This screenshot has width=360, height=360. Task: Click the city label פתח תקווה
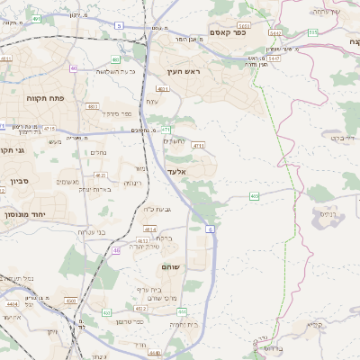41,98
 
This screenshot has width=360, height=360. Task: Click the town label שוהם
171,267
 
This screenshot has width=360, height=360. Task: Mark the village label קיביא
315,326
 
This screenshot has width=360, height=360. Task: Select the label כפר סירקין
117,113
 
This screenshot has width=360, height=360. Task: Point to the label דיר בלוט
343,138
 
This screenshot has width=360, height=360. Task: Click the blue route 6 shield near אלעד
209,231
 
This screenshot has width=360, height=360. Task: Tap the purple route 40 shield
73,67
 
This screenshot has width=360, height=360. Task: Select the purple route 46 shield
116,250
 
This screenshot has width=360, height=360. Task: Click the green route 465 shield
255,195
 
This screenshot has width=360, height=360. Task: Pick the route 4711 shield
198,145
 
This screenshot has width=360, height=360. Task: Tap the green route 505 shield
312,32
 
